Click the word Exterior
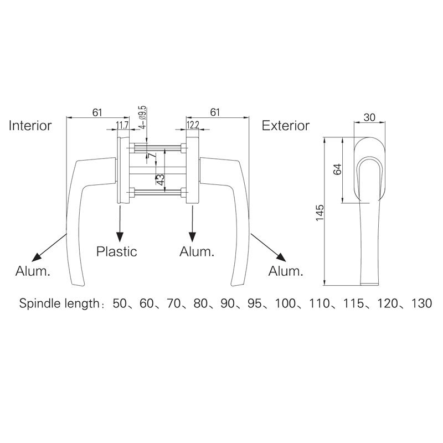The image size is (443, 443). (x=286, y=126)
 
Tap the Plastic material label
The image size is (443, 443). (x=117, y=251)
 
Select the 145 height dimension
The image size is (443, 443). (x=320, y=213)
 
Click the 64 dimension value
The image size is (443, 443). (x=336, y=169)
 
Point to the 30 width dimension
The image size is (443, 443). (x=369, y=117)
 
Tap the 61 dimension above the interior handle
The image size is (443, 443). (x=97, y=112)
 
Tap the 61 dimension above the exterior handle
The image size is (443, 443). (x=215, y=112)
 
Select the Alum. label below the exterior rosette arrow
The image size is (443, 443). (x=197, y=252)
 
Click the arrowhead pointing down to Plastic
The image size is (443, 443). (x=118, y=235)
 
